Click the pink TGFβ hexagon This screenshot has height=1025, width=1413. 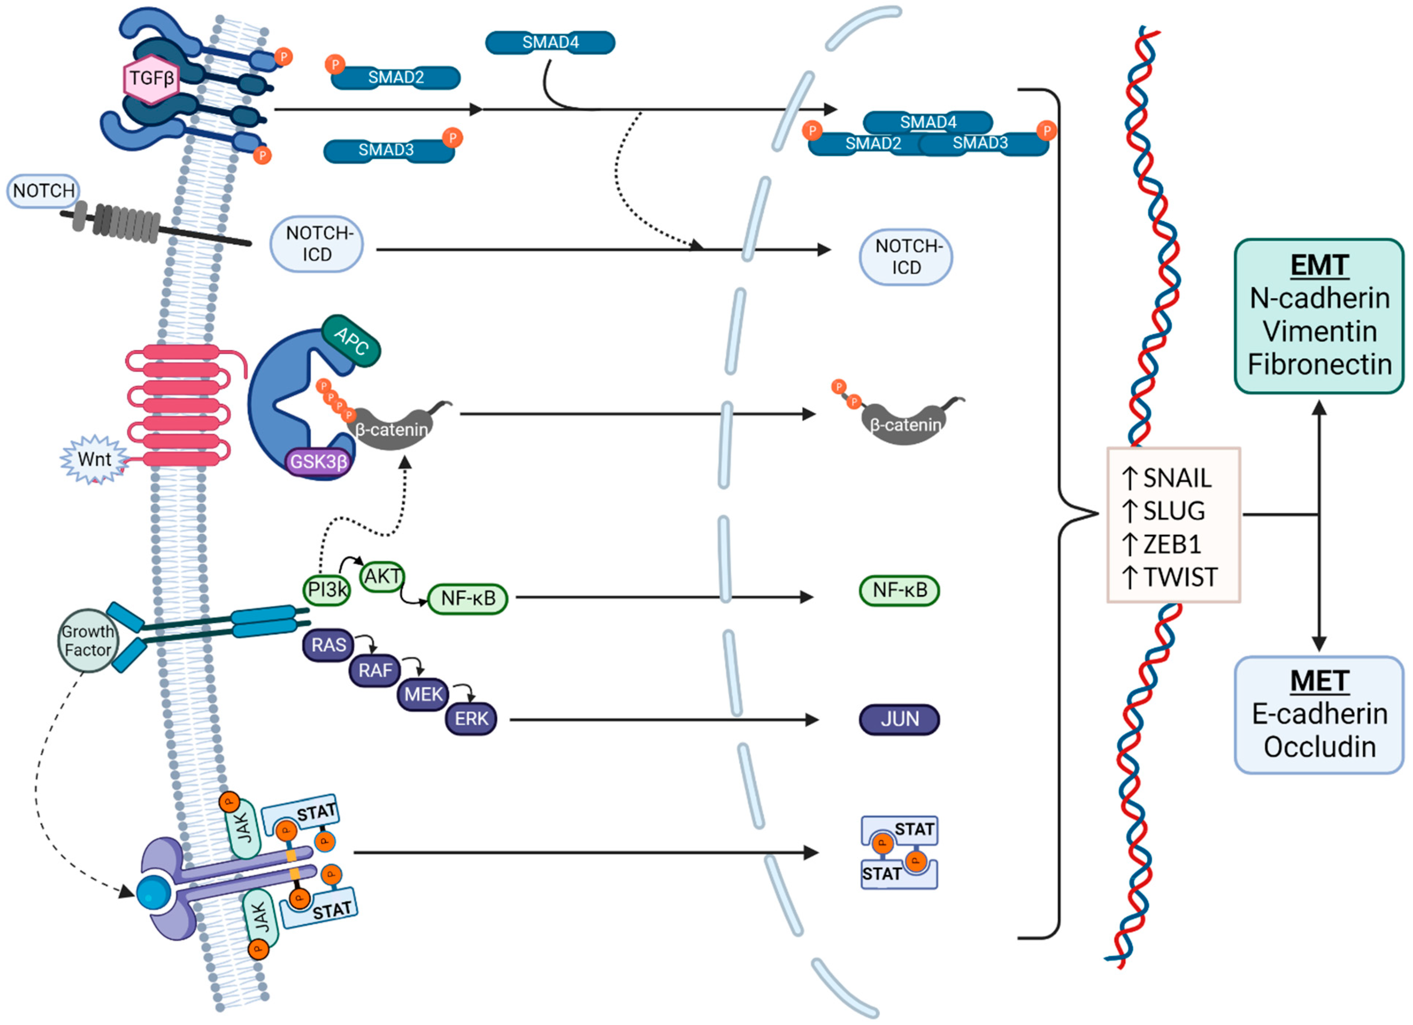click(x=151, y=79)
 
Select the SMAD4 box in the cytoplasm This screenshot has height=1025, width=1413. click(x=550, y=42)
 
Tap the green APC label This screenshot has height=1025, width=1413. click(x=351, y=341)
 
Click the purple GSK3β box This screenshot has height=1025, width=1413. click(x=318, y=462)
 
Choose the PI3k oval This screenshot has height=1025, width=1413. click(x=327, y=589)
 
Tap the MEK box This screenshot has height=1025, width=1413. click(x=423, y=694)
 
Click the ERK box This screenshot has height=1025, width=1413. click(x=471, y=719)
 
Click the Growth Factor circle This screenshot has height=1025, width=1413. click(x=87, y=640)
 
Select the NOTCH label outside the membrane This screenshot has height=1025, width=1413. click(x=44, y=191)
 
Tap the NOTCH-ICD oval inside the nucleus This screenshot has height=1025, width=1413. click(x=906, y=257)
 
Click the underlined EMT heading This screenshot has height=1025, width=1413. click(x=1319, y=265)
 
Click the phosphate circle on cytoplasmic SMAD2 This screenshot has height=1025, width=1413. click(x=335, y=64)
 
